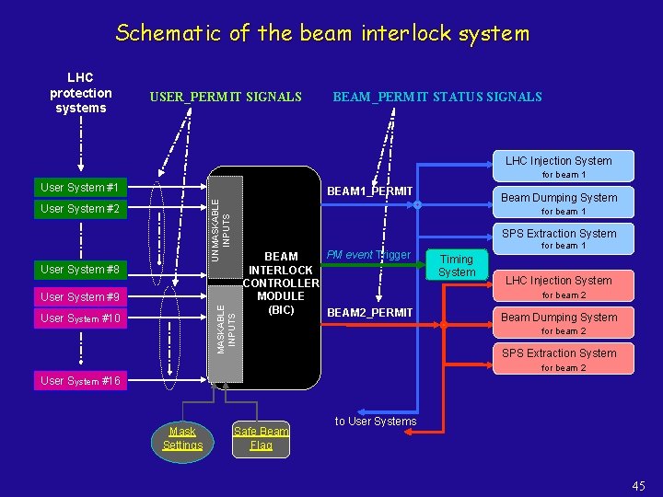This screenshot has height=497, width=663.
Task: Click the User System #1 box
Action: click(x=81, y=188)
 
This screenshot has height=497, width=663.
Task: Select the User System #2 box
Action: click(x=81, y=209)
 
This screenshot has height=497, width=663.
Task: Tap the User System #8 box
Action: click(x=81, y=269)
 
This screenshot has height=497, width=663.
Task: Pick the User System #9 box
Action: click(x=81, y=296)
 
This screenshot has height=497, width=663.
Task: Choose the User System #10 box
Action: click(x=81, y=318)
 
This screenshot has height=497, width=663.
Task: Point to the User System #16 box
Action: click(x=81, y=380)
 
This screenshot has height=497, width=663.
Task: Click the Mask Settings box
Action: click(x=182, y=438)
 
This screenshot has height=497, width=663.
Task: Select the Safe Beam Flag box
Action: click(x=261, y=438)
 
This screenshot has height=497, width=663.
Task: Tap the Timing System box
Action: click(x=457, y=266)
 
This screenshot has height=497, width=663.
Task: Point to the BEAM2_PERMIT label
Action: click(x=370, y=313)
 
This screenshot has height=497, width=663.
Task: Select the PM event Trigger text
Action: click(x=368, y=254)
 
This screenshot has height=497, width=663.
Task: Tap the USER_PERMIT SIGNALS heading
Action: click(x=226, y=97)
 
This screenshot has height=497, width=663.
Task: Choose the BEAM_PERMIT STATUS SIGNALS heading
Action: click(x=436, y=97)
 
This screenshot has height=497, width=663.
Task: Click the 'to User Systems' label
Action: click(x=376, y=422)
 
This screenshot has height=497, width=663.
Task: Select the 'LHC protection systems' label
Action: click(x=81, y=93)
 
